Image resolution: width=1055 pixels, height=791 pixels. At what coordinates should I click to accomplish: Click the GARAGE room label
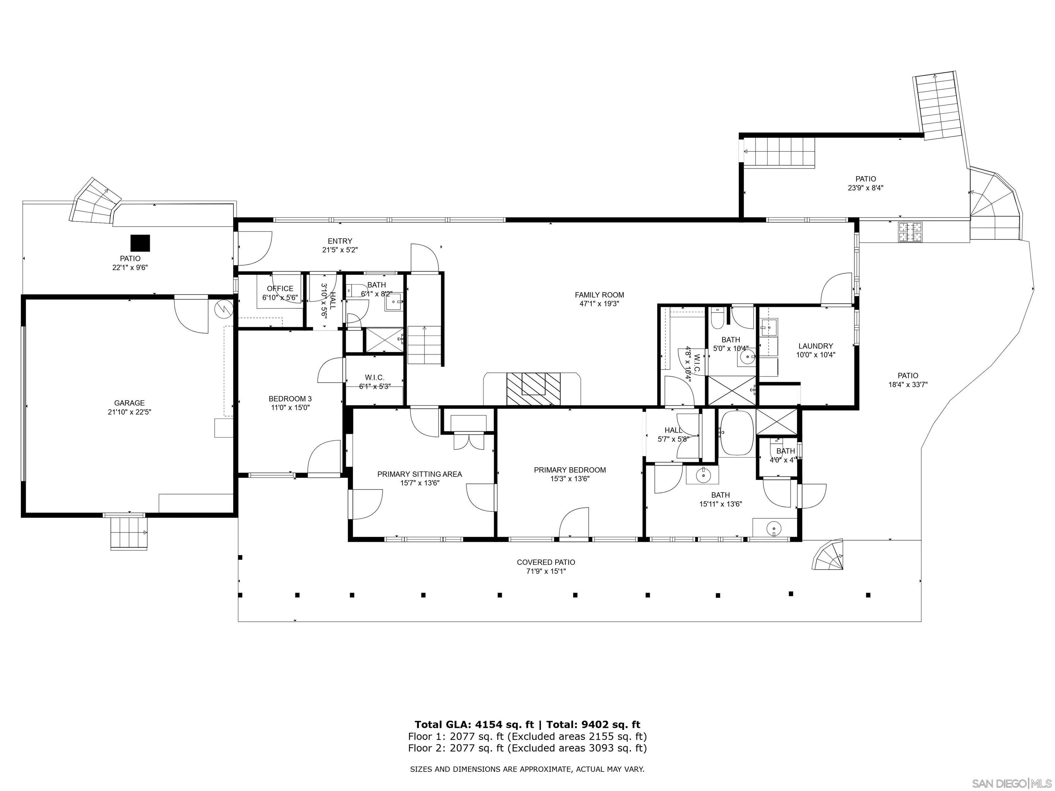[129, 403]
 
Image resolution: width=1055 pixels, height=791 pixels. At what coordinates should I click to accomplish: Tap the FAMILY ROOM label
[599, 295]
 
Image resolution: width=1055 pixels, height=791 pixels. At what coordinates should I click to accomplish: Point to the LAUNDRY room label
[816, 346]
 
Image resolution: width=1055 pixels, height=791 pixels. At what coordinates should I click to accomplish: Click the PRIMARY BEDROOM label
[570, 470]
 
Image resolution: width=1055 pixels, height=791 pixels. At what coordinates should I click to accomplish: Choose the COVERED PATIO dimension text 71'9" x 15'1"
[546, 571]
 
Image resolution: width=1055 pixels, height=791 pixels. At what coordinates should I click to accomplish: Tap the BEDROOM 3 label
[290, 399]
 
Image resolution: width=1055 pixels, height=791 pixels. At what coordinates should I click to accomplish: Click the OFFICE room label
[280, 288]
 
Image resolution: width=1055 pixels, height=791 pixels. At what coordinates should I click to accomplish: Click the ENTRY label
[340, 241]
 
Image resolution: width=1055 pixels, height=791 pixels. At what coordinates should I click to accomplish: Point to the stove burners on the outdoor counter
[910, 232]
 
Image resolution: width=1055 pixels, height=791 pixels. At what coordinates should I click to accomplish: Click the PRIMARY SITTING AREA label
[420, 474]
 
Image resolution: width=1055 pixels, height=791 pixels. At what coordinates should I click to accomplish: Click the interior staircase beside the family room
[424, 345]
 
